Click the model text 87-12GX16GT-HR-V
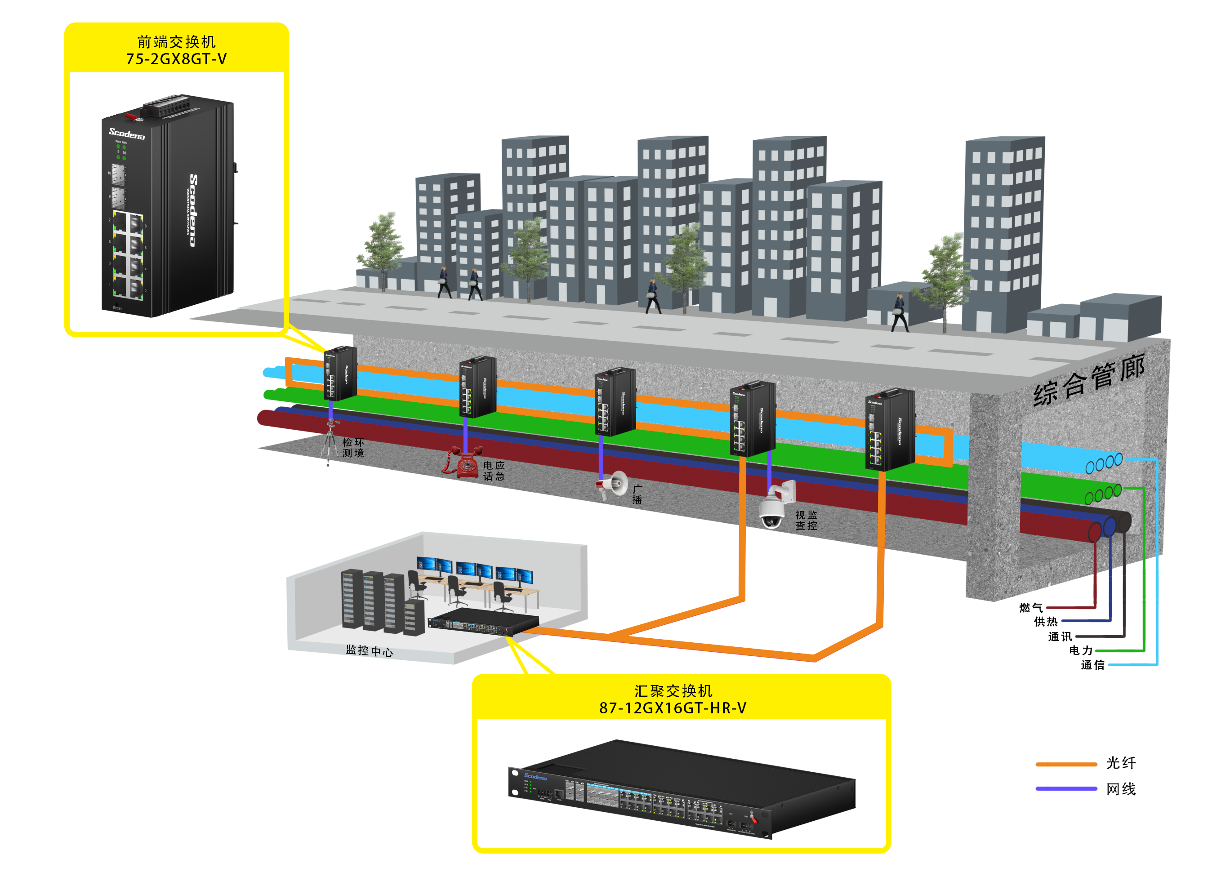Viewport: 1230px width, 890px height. click(673, 708)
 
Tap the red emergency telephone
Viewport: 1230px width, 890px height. click(463, 462)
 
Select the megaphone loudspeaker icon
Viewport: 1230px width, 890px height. click(612, 485)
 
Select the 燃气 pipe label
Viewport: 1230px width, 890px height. click(1030, 607)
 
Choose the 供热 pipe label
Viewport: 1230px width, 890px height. click(1045, 622)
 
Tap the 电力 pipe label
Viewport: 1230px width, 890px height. click(1080, 650)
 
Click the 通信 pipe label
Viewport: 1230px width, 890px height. click(1092, 665)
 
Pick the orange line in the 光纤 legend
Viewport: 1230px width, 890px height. click(1065, 764)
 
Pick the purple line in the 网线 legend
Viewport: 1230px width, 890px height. click(1065, 788)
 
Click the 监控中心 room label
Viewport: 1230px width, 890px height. click(370, 650)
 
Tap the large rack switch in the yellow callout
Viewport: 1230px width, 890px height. click(681, 789)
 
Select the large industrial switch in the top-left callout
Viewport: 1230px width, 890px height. click(168, 206)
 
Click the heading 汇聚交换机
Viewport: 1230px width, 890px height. click(673, 691)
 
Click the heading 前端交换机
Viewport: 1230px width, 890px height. click(176, 42)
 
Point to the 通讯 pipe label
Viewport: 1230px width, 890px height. click(1060, 636)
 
